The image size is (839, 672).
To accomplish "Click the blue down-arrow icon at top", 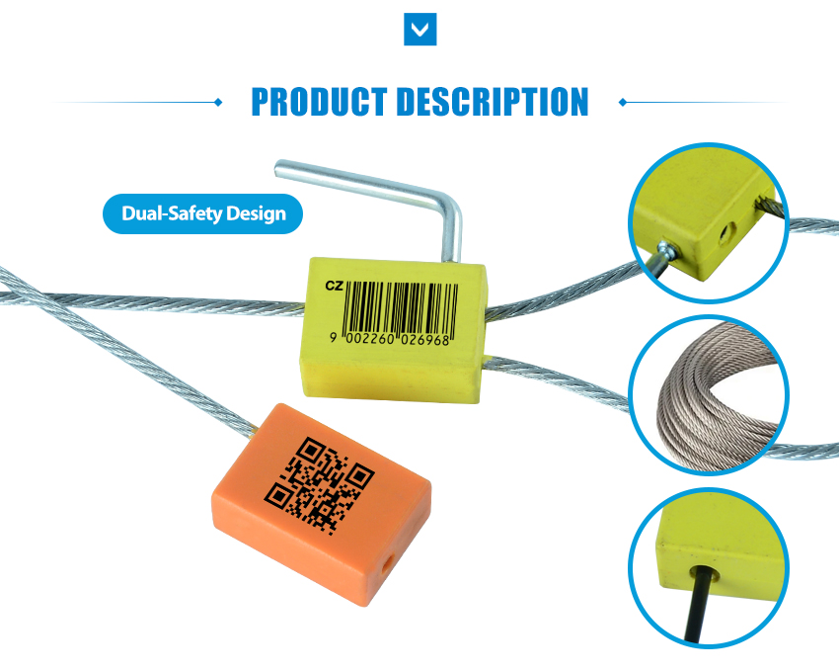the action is [420, 29].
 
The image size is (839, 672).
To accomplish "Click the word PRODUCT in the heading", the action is [319, 101].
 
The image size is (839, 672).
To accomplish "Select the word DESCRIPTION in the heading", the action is [493, 101].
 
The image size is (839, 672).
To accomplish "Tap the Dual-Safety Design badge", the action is [202, 213].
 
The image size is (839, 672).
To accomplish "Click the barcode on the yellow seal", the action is [401, 309].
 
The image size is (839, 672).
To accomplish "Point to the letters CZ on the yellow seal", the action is [335, 287].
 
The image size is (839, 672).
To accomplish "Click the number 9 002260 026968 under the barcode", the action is [390, 339].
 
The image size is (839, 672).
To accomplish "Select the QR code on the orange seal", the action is [320, 485].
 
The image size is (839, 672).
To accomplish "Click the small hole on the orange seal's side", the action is [387, 565].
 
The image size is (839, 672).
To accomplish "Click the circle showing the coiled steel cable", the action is [709, 395].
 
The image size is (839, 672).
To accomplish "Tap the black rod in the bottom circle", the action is [697, 605].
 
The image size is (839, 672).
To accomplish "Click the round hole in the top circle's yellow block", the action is [727, 234].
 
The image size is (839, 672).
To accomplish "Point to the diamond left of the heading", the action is [218, 102].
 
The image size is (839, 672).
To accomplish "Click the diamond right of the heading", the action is [622, 102].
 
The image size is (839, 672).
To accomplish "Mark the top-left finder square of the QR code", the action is [310, 451].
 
